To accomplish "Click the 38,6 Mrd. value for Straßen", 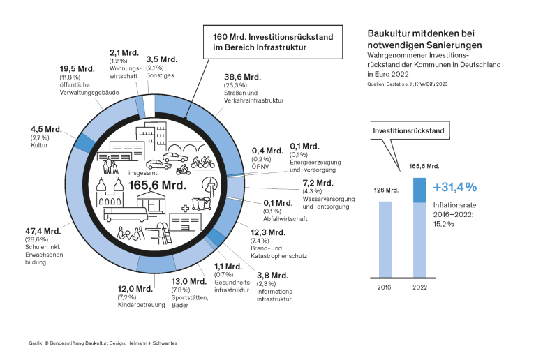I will click(x=242, y=77).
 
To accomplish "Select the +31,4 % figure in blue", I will click(x=454, y=187).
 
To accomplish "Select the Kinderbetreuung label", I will click(x=135, y=306).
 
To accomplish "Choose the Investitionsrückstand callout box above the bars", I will click(x=406, y=130).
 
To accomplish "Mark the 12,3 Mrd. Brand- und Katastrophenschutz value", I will click(x=267, y=232).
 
